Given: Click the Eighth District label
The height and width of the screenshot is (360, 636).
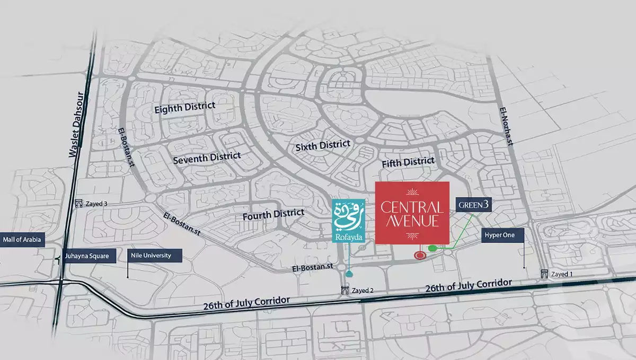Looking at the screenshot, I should (184, 108).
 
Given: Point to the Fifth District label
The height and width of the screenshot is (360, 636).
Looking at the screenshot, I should (408, 161).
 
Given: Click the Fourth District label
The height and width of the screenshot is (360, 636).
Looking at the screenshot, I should (273, 215).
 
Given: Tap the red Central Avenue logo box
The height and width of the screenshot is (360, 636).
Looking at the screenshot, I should (412, 213).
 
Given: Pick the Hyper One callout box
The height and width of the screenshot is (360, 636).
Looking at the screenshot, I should (502, 235).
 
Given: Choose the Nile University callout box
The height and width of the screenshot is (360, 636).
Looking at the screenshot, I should (155, 256).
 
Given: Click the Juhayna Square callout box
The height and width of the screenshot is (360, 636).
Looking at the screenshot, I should (88, 256).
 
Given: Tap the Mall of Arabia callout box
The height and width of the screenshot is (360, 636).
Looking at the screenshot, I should (22, 240).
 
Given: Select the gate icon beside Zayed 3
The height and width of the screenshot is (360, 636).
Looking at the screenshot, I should (79, 203).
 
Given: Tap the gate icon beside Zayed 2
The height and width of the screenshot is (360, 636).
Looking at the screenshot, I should (345, 290).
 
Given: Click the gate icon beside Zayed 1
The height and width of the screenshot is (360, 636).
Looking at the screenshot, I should (544, 274).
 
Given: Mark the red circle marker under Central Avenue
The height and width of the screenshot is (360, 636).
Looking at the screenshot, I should (420, 256).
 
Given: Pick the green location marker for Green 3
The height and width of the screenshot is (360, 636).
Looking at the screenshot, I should (432, 248).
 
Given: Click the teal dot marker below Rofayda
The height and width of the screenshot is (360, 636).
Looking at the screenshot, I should (349, 274).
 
